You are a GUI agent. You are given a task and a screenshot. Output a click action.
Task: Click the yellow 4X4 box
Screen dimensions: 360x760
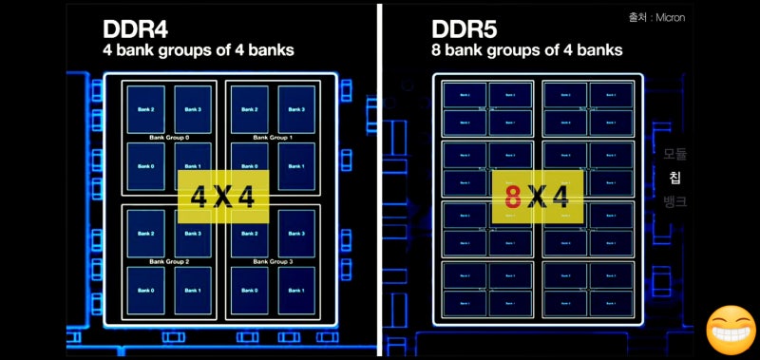pyautogui.click(x=223, y=198)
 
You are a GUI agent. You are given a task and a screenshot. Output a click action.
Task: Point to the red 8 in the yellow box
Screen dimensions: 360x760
pyautogui.click(x=512, y=198)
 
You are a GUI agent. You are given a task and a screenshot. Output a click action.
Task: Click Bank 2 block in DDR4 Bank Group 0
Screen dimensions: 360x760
pyautogui.click(x=145, y=109)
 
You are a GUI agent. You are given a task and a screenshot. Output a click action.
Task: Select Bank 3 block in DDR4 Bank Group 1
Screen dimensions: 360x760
pyautogui.click(x=295, y=109)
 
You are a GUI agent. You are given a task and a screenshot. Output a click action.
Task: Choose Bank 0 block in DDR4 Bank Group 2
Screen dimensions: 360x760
pyautogui.click(x=145, y=291)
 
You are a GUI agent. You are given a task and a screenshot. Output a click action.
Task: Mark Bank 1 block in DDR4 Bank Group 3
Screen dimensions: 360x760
pyautogui.click(x=295, y=291)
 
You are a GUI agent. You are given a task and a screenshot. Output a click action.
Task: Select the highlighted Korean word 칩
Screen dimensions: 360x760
pyautogui.click(x=675, y=178)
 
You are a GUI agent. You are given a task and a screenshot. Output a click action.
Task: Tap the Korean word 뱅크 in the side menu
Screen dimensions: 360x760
pyautogui.click(x=675, y=201)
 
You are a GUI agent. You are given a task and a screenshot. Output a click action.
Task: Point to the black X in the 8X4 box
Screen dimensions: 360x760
pyautogui.click(x=538, y=198)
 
